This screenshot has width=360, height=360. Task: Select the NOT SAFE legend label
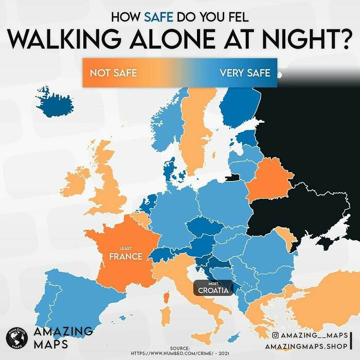coord(113,73)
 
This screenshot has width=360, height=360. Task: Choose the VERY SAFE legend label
coord(244,73)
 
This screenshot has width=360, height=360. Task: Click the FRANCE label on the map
coord(125,256)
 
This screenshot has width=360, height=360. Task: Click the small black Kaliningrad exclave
coord(232,178)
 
